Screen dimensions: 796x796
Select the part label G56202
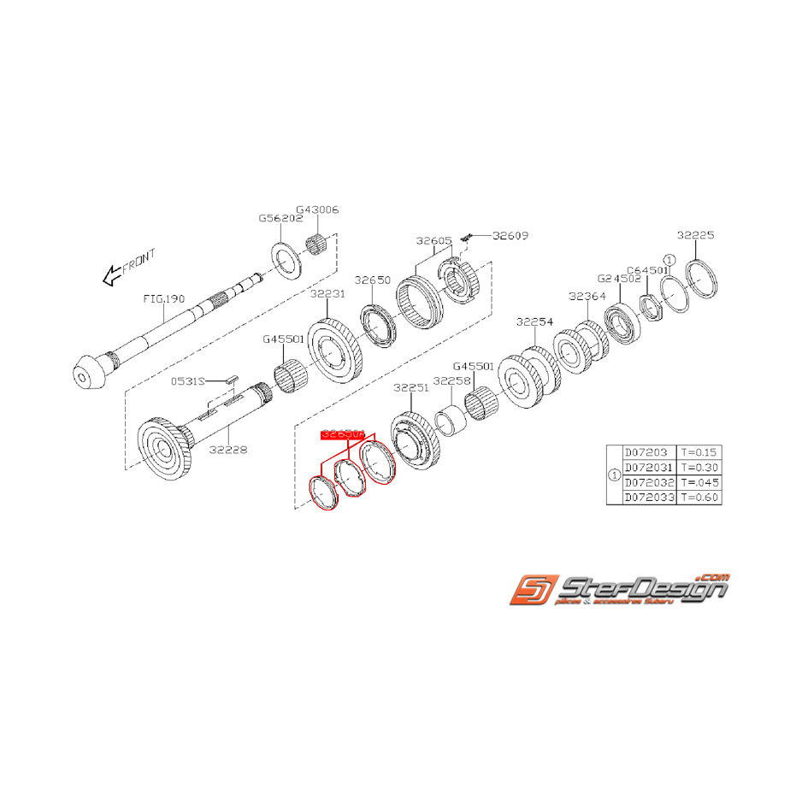coord(281,218)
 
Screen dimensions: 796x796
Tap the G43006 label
coord(318,209)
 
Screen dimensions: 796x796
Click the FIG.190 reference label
coord(164,299)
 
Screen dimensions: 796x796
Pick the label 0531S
coord(186,380)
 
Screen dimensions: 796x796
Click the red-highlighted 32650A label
coord(342,435)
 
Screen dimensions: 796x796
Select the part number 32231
coord(327,293)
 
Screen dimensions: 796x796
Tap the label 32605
coord(434,241)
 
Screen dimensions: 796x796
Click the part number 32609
coord(511,234)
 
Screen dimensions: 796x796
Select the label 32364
coord(587,297)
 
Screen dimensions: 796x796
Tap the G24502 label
coord(619,278)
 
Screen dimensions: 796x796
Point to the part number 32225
coord(695,234)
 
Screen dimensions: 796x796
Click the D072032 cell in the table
coord(650,482)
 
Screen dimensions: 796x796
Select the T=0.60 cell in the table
coord(698,497)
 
